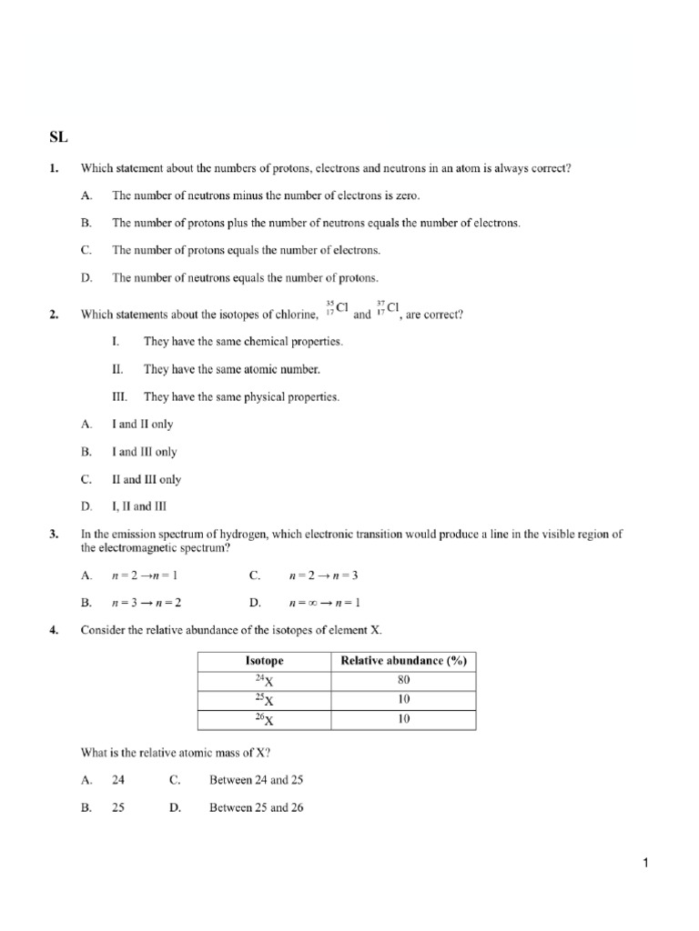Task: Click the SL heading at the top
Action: tap(58, 138)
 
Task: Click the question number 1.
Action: tap(54, 168)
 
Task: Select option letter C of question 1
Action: tap(86, 250)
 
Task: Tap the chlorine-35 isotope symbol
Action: tap(337, 310)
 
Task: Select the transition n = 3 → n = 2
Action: tap(152, 602)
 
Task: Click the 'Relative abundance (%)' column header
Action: tap(403, 661)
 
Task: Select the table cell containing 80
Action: tap(403, 680)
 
